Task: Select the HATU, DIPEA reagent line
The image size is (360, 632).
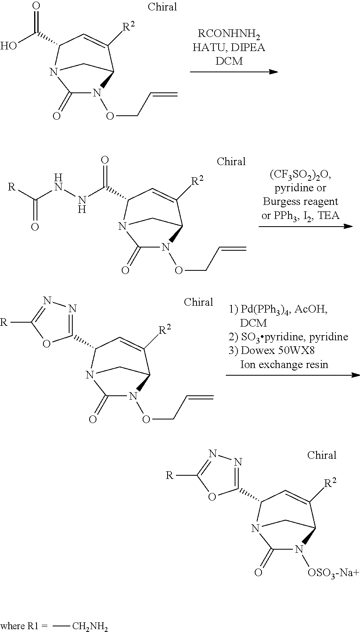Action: point(228,47)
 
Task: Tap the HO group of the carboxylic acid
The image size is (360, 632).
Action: point(8,45)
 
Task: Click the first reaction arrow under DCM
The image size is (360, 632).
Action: point(234,72)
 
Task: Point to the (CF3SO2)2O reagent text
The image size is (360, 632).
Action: point(300,176)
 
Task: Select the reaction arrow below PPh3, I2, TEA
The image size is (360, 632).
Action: point(305,227)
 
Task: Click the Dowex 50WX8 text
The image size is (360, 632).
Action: point(277,350)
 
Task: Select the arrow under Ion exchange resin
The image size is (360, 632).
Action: point(292,375)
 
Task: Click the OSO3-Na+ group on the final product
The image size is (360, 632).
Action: point(333,572)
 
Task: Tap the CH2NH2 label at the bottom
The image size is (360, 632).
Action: point(90,626)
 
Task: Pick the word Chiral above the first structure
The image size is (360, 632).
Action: point(162,7)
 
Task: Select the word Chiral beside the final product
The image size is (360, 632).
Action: point(322,455)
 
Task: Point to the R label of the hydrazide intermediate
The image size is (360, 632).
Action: point(12,187)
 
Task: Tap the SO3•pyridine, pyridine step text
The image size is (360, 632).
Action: point(288,337)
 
